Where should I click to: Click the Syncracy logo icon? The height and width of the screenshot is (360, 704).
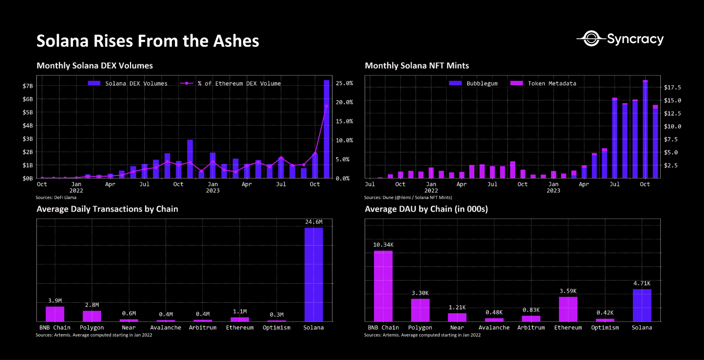click(x=592, y=38)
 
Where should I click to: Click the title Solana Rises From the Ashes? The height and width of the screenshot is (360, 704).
click(x=148, y=41)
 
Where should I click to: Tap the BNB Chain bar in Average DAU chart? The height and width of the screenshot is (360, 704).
click(x=383, y=286)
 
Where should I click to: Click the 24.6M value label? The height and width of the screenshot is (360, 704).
click(x=313, y=222)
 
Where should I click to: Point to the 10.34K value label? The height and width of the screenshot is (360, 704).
click(x=383, y=245)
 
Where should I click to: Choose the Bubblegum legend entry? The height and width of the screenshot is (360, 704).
click(x=474, y=83)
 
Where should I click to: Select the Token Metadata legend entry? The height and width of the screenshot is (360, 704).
click(x=544, y=83)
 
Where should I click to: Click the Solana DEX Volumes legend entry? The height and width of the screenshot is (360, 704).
click(x=128, y=83)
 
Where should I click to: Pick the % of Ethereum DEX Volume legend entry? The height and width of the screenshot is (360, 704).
click(x=231, y=83)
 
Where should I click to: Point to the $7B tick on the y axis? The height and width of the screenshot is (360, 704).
click(x=27, y=86)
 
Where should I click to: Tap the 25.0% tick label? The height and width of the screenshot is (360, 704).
click(x=344, y=83)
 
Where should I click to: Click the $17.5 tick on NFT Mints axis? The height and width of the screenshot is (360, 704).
click(x=672, y=87)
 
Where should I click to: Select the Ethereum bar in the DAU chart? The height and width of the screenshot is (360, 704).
click(x=568, y=309)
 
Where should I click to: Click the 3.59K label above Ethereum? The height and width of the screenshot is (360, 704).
click(x=568, y=291)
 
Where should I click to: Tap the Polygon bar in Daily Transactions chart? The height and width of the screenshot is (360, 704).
click(x=92, y=316)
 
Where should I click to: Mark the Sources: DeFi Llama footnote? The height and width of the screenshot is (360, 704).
click(x=56, y=198)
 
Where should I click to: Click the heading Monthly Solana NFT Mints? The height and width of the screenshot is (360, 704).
click(x=417, y=66)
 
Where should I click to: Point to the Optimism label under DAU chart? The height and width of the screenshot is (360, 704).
click(x=605, y=328)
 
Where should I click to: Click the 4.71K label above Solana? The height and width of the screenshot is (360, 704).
click(x=642, y=284)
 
